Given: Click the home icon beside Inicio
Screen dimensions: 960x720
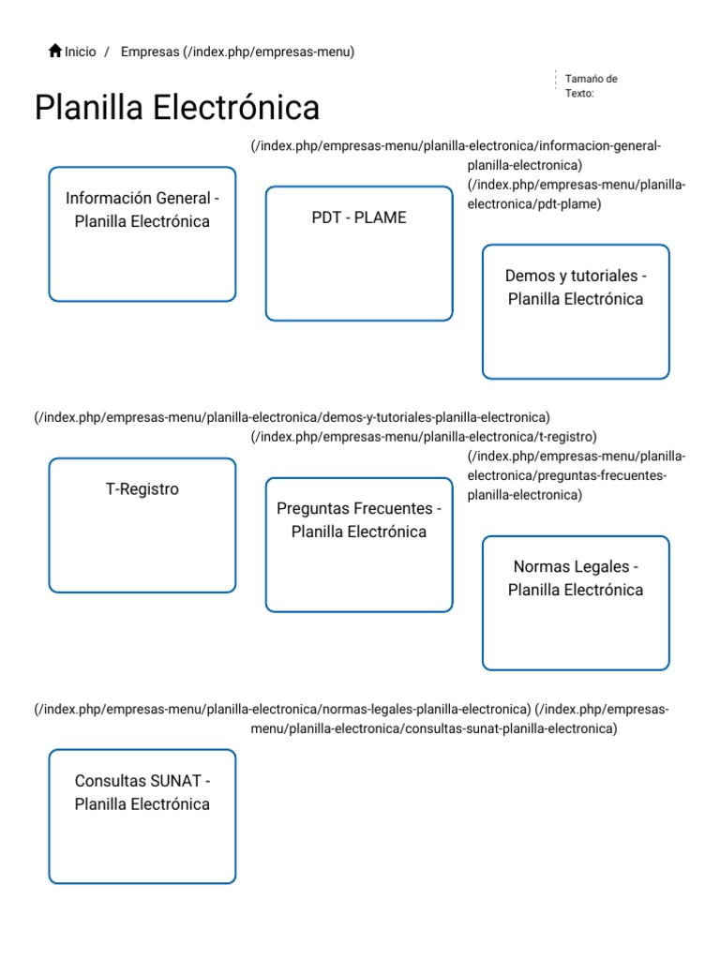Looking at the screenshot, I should click(x=55, y=52).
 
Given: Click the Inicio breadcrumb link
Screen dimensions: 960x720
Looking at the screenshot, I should click(x=81, y=52).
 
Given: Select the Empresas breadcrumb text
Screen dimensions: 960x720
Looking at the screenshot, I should click(x=149, y=52).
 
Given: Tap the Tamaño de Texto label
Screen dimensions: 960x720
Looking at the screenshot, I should click(x=591, y=85).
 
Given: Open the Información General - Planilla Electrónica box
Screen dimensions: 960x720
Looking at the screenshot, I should click(x=142, y=234).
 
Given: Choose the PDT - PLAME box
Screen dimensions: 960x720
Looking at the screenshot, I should click(x=359, y=253).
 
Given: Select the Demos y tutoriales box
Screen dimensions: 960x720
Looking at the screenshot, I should click(x=576, y=311).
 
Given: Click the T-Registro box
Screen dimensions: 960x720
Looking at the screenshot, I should click(x=142, y=525).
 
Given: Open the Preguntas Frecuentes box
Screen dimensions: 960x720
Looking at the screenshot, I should click(x=359, y=545).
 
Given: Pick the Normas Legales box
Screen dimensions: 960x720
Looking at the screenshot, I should click(x=576, y=603).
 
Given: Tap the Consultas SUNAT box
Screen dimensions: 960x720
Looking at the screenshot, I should click(x=142, y=816).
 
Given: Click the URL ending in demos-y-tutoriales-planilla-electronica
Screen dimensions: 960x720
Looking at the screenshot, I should click(x=292, y=417).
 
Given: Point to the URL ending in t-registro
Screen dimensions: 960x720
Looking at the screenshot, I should click(x=424, y=436).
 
